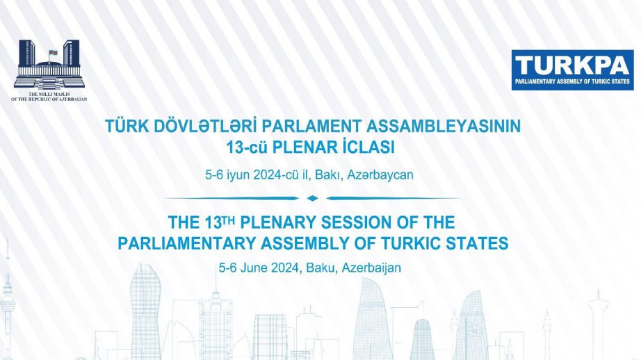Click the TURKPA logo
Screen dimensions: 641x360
click(x=572, y=70)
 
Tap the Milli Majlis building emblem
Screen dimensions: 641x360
click(x=49, y=64)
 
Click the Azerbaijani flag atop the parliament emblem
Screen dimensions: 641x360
click(x=53, y=53)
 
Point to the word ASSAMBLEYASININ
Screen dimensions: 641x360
click(x=443, y=126)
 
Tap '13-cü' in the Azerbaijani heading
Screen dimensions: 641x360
click(x=247, y=147)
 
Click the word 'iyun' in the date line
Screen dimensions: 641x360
click(x=238, y=175)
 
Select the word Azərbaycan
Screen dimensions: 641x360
click(x=380, y=175)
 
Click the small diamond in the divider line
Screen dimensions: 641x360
click(x=312, y=198)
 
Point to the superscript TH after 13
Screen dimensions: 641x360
click(x=229, y=220)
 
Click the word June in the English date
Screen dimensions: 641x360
click(x=254, y=268)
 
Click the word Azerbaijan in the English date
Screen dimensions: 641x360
click(x=371, y=268)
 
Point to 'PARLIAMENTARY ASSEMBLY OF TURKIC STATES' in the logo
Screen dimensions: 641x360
click(x=572, y=81)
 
